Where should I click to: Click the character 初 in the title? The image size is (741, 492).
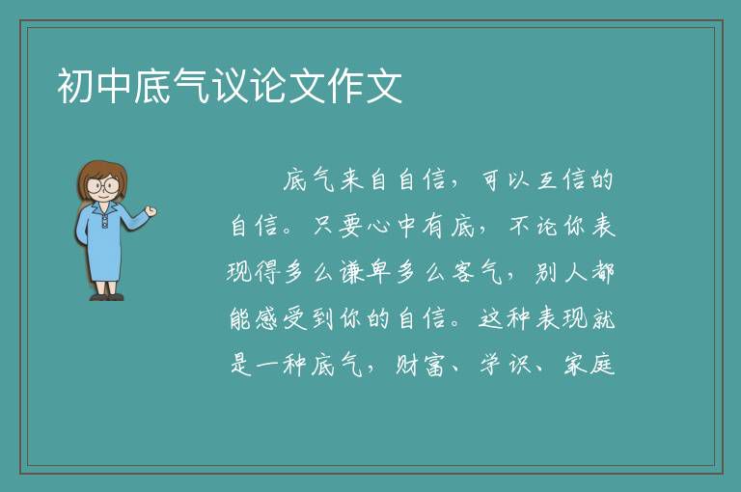[76, 86]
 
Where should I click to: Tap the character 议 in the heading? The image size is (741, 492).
[231, 86]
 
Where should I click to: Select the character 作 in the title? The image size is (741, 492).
[346, 86]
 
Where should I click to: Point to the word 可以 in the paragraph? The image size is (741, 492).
[505, 180]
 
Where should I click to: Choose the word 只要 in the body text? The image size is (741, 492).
[337, 226]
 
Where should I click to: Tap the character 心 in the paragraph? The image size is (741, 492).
[380, 227]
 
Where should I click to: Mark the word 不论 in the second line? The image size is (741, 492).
[533, 226]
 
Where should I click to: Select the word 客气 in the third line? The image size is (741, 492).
[477, 273]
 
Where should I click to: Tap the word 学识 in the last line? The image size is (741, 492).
[505, 366]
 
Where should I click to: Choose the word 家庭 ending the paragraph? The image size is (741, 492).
[589, 366]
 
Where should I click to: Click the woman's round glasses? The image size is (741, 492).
[102, 184]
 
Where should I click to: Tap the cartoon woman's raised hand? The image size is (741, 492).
[151, 211]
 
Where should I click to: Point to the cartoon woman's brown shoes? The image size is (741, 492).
[107, 297]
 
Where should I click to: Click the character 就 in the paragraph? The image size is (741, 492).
[602, 318]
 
